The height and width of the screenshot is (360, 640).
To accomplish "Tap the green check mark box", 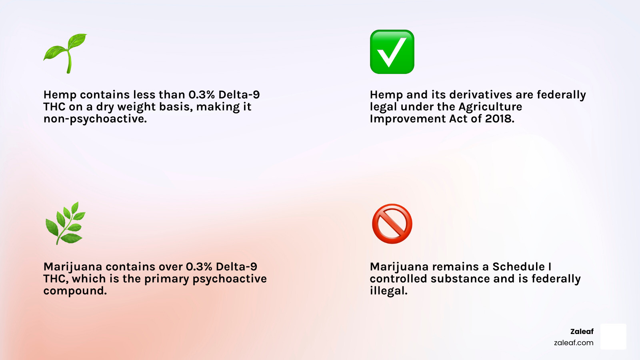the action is (392, 52).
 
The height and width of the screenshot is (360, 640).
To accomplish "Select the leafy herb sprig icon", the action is (66, 223).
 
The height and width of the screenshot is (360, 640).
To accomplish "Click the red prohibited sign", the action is (392, 224).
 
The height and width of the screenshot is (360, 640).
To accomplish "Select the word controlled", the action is (398, 278).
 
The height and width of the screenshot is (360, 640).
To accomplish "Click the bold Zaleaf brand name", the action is (582, 332).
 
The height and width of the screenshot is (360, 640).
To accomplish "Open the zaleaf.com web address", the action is (574, 342).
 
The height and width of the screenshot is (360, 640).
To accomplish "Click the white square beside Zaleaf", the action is (613, 336).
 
